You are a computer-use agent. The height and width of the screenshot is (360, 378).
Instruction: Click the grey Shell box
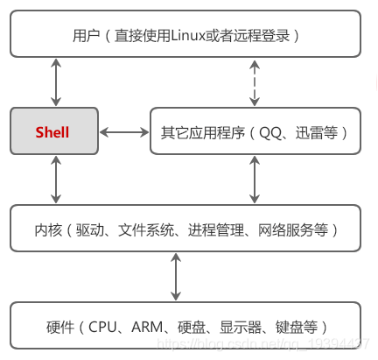[x=52, y=133]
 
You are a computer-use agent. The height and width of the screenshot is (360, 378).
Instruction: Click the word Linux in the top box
[x=185, y=35]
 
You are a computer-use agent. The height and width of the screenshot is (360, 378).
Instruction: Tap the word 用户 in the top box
[x=86, y=35]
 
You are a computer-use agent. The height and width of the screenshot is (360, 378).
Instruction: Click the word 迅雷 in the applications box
[x=308, y=133]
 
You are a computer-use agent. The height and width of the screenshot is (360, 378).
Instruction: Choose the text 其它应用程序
[x=203, y=133]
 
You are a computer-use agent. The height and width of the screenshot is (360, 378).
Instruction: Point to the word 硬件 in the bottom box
[x=58, y=328]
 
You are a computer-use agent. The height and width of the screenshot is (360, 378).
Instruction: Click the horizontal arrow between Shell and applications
[x=122, y=133]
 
